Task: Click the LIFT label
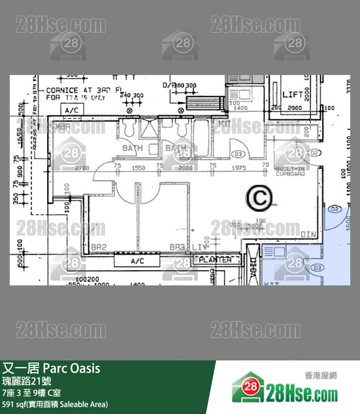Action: [x=292, y=94]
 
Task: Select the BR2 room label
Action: [x=99, y=247]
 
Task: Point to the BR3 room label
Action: [x=177, y=247]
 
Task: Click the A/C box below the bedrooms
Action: [x=137, y=261]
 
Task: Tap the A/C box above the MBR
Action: [x=72, y=111]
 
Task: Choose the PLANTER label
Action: [x=216, y=260]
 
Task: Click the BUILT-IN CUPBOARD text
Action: [x=290, y=171]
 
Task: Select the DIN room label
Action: [x=308, y=235]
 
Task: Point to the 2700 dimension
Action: [x=83, y=168]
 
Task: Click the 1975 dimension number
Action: [x=239, y=168]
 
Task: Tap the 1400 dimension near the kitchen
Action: [x=241, y=108]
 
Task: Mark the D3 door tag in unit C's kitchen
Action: [x=238, y=154]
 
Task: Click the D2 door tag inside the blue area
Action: [x=335, y=209]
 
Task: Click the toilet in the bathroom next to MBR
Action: [x=130, y=128]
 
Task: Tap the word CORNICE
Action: [x=62, y=90]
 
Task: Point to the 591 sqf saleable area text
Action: [x=55, y=404]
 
